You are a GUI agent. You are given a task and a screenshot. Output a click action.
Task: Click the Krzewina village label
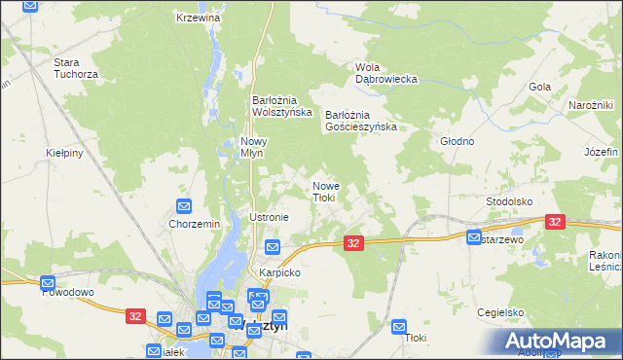click(199, 18)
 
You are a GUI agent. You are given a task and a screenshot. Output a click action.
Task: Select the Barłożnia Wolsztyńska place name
click(281, 105)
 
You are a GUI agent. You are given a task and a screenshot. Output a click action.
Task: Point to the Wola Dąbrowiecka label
click(385, 73)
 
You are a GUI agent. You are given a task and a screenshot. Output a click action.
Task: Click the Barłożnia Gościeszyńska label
click(360, 120)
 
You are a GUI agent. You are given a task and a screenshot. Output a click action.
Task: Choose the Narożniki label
click(590, 105)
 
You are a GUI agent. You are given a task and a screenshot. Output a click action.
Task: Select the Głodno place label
click(457, 141)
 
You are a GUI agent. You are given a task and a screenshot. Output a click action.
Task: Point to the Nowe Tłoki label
click(324, 192)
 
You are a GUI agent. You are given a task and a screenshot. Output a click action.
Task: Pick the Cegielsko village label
click(501, 312)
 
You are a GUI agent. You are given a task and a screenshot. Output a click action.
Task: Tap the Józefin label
click(602, 153)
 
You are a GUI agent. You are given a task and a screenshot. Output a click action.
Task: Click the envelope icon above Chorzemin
click(183, 206)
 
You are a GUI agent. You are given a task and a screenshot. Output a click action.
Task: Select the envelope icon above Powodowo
click(48, 284)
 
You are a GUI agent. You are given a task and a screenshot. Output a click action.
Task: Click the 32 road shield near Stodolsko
click(555, 223)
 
